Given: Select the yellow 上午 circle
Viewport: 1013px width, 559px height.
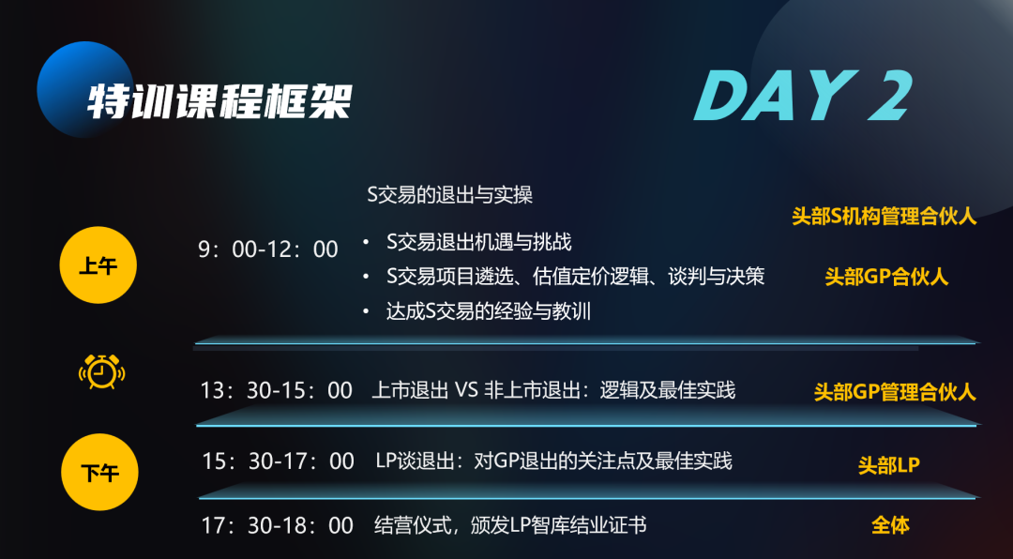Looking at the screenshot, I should [98, 265].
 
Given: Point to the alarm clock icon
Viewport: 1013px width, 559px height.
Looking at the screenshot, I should [100, 372].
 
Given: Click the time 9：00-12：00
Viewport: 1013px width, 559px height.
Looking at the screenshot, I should [268, 249].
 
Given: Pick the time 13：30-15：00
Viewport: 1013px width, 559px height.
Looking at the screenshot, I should [276, 390].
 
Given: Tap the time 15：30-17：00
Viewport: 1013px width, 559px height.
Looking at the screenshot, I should [278, 461].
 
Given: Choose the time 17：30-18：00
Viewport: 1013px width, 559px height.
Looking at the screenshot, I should [278, 525].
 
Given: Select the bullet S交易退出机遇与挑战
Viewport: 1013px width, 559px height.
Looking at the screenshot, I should [478, 242].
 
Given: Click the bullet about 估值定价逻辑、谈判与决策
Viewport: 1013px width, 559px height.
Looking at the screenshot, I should [575, 277].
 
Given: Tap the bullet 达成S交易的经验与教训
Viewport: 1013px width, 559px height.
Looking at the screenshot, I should [488, 311].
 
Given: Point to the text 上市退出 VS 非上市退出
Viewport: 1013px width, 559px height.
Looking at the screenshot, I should [553, 390].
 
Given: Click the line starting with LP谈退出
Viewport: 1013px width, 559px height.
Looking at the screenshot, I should [553, 461].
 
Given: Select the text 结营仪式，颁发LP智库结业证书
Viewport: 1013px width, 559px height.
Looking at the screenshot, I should [510, 525].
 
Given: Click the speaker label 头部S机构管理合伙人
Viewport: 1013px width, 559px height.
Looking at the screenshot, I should [884, 217].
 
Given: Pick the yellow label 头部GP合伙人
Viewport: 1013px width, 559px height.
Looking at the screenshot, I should [886, 277].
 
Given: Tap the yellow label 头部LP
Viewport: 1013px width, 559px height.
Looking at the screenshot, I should [888, 464].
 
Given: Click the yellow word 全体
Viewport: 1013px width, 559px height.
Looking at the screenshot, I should [890, 525].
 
